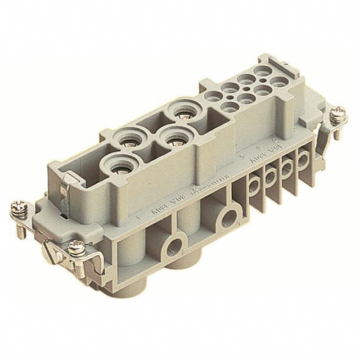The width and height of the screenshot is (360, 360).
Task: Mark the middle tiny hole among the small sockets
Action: click(x=246, y=88)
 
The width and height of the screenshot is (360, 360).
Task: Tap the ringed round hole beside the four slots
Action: click(x=229, y=216)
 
